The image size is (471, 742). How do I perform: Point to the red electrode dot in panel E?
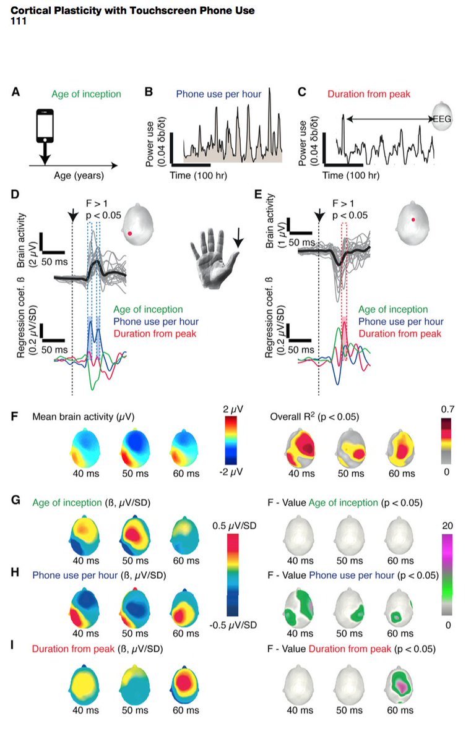(414, 218)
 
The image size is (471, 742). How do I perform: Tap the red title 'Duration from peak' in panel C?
(364, 95)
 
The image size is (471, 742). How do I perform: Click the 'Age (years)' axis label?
(66, 176)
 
